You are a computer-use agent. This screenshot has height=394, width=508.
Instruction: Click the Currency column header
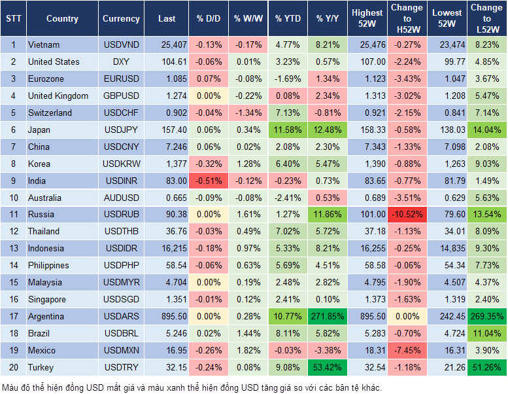click(x=121, y=19)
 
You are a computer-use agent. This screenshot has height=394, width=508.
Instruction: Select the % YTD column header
click(x=288, y=19)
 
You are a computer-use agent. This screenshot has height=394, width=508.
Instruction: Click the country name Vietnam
click(x=44, y=45)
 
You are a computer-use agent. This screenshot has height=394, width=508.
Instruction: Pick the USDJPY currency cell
click(x=121, y=130)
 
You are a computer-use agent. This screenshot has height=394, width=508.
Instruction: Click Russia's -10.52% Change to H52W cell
click(x=407, y=214)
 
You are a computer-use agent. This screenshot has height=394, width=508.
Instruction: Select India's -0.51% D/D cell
click(x=208, y=180)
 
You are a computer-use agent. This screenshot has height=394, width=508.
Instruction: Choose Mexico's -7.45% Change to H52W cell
click(x=407, y=350)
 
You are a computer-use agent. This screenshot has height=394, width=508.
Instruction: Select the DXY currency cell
click(x=121, y=62)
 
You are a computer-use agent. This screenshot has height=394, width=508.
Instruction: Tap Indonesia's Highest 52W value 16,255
click(x=367, y=248)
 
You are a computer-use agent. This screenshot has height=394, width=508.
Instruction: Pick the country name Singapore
click(x=46, y=299)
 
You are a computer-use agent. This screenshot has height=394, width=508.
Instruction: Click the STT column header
click(x=13, y=19)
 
